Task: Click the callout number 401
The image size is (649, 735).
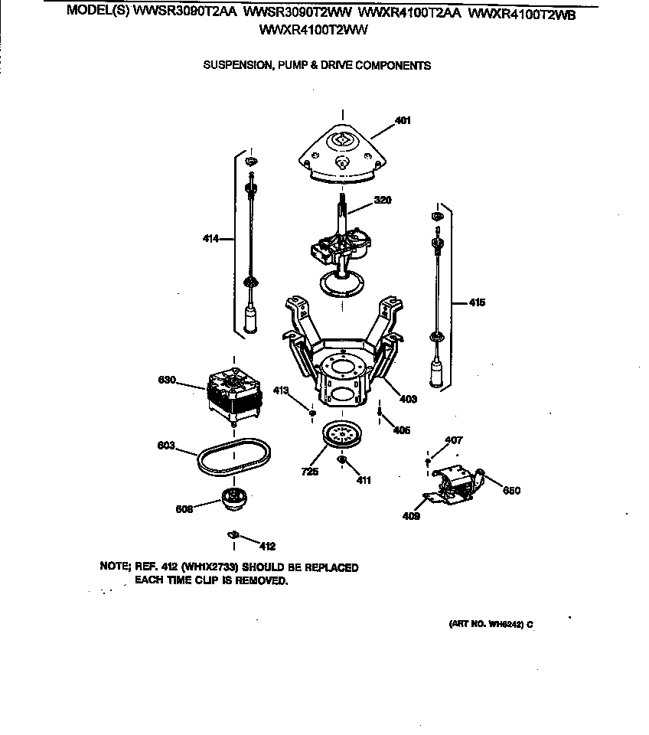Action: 403,120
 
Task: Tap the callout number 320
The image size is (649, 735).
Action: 383,201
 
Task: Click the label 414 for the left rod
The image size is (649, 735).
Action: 211,239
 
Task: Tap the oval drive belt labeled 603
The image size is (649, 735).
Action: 230,457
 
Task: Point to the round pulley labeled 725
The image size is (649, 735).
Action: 341,437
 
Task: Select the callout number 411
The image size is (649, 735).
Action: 364,480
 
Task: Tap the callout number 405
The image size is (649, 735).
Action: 401,430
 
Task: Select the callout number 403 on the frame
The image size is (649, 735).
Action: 409,397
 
